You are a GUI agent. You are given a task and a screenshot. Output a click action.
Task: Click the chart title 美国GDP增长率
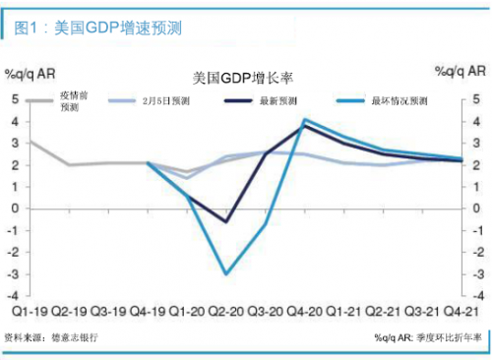pos(244,77)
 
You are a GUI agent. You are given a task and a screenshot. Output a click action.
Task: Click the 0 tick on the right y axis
pos(477,208)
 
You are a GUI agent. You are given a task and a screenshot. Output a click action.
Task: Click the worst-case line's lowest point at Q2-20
pos(227,273)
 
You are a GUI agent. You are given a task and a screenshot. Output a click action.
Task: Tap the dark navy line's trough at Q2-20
pos(227,221)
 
